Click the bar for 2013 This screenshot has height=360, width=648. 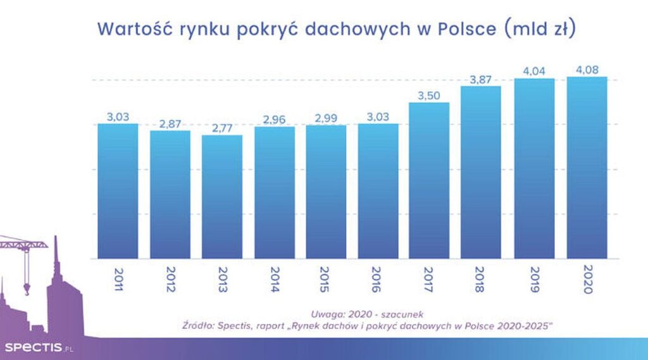[222, 196]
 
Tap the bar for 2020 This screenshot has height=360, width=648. [587, 168]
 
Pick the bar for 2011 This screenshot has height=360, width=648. [118, 190]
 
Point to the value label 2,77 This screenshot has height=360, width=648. [222, 128]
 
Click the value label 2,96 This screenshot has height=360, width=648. [274, 119]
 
